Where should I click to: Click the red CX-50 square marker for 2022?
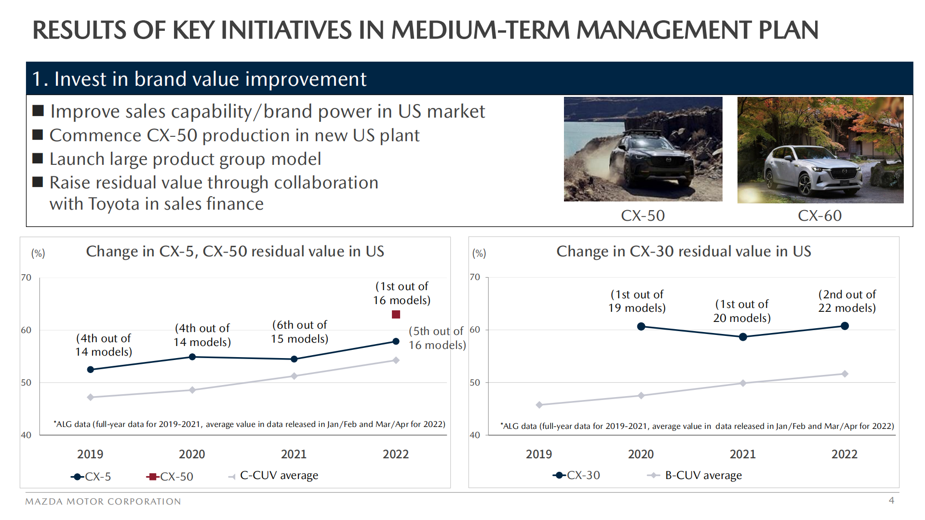pos(396,315)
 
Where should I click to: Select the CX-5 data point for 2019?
pos(91,370)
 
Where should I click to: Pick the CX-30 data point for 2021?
pos(743,337)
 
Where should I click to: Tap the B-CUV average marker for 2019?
pos(539,405)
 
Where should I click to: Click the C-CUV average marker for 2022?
pos(396,360)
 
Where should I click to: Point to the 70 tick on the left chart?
pos(26,278)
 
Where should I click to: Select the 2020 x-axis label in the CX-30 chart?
pos(641,454)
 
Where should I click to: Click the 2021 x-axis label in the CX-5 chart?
pos(294,454)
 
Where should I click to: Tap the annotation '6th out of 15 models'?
pos(299,332)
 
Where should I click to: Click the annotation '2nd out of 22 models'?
pos(847,301)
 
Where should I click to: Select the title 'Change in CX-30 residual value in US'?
pos(684,252)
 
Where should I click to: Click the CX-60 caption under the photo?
pos(819,215)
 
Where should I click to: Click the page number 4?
pos(891,500)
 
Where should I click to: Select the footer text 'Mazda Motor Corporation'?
pos(103,501)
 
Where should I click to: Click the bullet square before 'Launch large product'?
pos(38,159)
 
